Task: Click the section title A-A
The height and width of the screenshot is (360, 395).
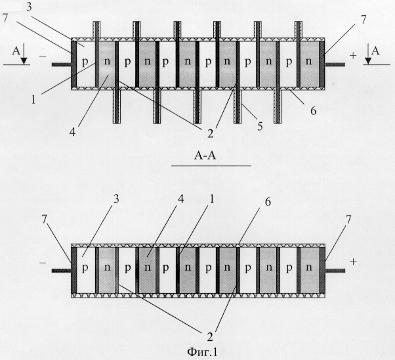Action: tap(205, 156)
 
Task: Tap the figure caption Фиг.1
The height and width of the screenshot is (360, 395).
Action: tap(202, 352)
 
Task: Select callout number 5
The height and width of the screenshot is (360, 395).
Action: tap(260, 126)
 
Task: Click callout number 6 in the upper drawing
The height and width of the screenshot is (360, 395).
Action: tap(313, 110)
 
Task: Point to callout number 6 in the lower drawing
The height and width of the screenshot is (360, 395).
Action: tap(268, 202)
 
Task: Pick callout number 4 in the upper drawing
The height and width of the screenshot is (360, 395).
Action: tap(72, 131)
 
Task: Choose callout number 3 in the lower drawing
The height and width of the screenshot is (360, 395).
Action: tap(116, 199)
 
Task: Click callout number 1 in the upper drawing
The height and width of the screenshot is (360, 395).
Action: tap(33, 100)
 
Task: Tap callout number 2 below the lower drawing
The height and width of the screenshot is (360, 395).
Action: tap(210, 337)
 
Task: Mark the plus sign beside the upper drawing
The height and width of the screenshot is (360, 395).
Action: tap(353, 55)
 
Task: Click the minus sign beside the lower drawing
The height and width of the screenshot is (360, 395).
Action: tap(43, 263)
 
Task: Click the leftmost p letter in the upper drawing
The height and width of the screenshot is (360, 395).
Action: tap(85, 62)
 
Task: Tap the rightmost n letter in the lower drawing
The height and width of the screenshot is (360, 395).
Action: tap(308, 267)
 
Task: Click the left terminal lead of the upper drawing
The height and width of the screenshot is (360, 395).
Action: tap(62, 64)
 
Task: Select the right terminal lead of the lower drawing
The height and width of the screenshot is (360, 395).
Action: tap(335, 271)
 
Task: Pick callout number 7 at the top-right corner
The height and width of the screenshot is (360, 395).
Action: tap(363, 20)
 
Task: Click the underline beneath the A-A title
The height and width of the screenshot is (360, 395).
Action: tap(211, 166)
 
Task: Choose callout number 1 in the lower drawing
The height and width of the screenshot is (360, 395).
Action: tap(211, 199)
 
